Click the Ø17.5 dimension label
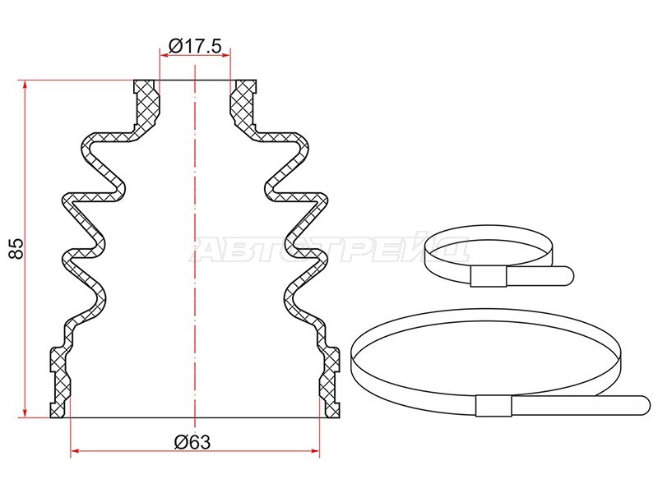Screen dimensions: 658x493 (195, 46)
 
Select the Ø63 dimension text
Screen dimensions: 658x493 (192, 442)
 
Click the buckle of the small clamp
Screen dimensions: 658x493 (489, 276)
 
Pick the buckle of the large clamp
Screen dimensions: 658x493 (493, 405)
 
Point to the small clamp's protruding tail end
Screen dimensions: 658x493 (568, 276)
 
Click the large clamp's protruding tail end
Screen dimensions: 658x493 (643, 405)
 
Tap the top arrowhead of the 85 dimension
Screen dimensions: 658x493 (25, 84)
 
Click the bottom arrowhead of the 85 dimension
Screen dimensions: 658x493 (25, 413)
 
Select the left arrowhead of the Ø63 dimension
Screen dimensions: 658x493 (75, 451)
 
